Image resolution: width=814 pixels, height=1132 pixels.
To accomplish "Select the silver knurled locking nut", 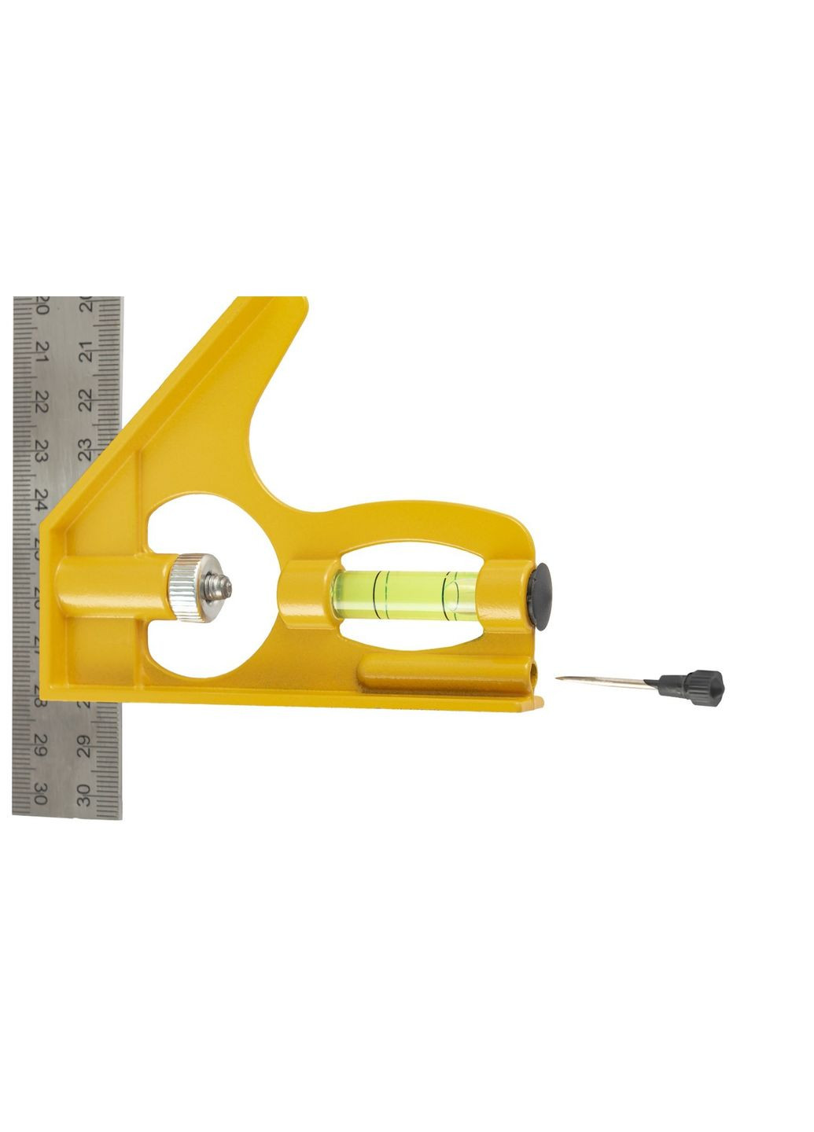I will tap(187, 586).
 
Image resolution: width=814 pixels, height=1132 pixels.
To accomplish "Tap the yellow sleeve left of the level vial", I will tap(303, 594).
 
